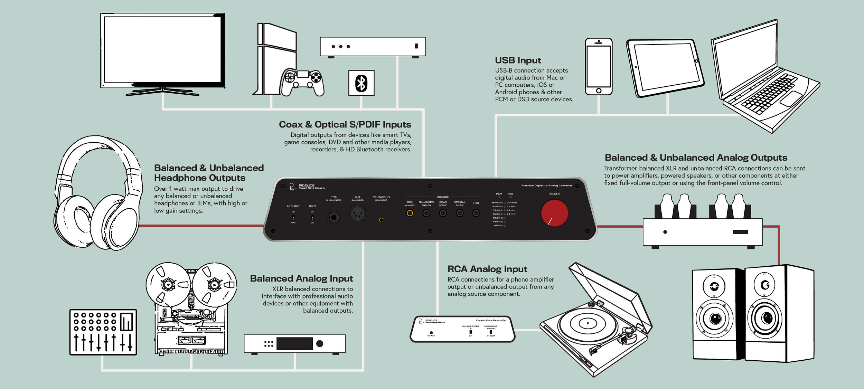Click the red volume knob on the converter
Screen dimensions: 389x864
[554, 213]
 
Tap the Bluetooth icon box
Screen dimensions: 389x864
[361, 83]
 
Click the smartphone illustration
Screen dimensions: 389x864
[599, 67]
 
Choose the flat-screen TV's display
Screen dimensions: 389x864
[162, 49]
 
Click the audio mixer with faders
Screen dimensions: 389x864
[103, 332]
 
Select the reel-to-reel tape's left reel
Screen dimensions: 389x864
[168, 284]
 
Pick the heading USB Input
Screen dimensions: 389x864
[518, 60]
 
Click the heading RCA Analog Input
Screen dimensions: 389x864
[487, 269]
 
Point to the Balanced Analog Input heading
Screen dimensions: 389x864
[301, 279]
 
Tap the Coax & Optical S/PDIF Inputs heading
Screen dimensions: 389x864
[345, 125]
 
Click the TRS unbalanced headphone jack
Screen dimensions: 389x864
[334, 218]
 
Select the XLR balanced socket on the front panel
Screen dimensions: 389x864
[357, 214]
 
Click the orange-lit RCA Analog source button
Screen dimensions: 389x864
[410, 213]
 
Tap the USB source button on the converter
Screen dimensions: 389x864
[476, 213]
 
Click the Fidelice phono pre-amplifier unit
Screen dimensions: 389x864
[462, 329]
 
